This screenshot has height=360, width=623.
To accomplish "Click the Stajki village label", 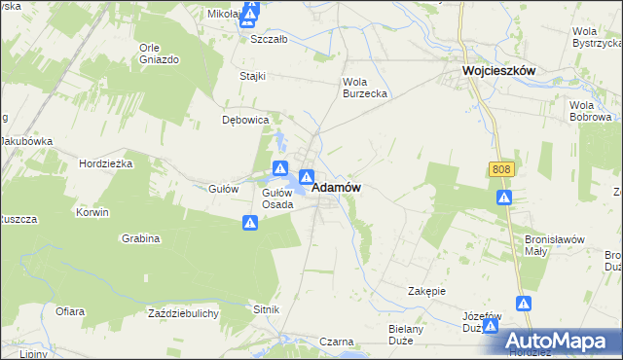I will coord(252,75).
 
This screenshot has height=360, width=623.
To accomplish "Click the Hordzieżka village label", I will coord(106,164).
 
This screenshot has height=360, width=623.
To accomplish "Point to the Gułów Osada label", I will coord(277,198).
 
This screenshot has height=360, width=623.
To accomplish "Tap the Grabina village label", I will coord(141,237).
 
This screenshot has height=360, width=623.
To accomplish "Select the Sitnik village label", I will coord(267,308).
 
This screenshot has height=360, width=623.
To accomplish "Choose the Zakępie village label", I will coord(426,291).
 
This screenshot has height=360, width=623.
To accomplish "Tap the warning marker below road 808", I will coord(504,198).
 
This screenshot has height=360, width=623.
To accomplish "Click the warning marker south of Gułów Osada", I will coord(250,224).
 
